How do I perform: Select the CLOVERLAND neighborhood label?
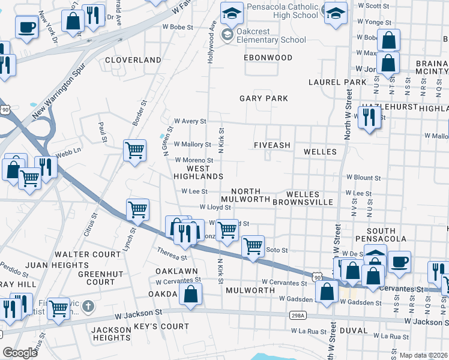point(133,60)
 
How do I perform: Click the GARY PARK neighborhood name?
point(264,98)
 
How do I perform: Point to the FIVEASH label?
point(272,145)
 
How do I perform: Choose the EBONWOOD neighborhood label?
point(268,58)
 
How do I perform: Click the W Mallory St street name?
point(193,145)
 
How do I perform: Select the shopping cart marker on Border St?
point(135,149)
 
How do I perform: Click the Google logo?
point(20,353)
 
